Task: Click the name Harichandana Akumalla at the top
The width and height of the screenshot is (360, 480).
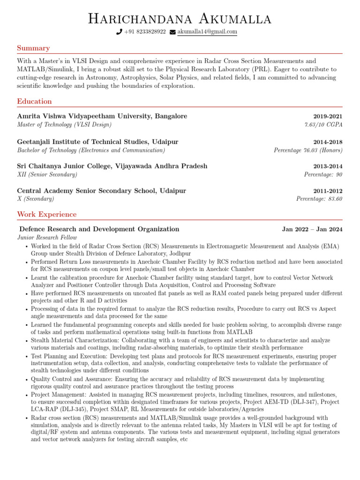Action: [180, 19]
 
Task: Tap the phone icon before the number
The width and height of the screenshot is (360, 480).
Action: [119, 32]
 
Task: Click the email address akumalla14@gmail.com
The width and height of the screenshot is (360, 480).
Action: [207, 31]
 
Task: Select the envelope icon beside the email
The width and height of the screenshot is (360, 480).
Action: [172, 32]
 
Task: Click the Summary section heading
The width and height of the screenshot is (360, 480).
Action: [33, 48]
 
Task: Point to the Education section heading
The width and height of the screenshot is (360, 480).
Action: [34, 101]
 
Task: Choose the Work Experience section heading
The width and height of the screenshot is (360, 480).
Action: [46, 214]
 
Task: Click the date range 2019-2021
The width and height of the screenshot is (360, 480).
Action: [328, 116]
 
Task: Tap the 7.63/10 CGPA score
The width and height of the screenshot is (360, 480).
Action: [323, 125]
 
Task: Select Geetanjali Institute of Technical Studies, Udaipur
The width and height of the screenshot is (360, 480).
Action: [97, 142]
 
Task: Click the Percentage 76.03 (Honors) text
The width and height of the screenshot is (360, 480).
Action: [308, 150]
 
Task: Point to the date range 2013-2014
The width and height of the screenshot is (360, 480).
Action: [328, 166]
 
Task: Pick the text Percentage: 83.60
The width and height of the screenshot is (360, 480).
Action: [319, 199]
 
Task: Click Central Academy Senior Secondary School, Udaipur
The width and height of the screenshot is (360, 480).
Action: [101, 191]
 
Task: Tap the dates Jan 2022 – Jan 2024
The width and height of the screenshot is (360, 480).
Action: [312, 229]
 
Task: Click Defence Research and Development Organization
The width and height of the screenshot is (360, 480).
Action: [99, 229]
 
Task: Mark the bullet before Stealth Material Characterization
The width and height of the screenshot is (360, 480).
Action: [26, 341]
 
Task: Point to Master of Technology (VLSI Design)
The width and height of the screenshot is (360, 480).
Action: [64, 125]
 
